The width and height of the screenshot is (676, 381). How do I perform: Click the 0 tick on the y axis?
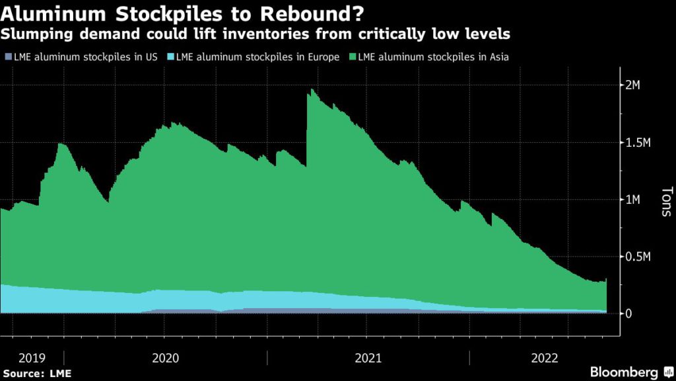[628, 313]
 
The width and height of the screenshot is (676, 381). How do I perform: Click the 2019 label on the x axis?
[32, 358]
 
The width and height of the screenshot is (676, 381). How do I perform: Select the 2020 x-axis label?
[165, 358]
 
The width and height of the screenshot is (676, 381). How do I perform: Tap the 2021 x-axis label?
[368, 358]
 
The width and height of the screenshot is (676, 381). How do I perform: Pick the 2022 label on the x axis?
[544, 358]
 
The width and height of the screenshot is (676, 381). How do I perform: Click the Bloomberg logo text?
[625, 372]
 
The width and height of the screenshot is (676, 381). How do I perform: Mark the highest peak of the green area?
[310, 89]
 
